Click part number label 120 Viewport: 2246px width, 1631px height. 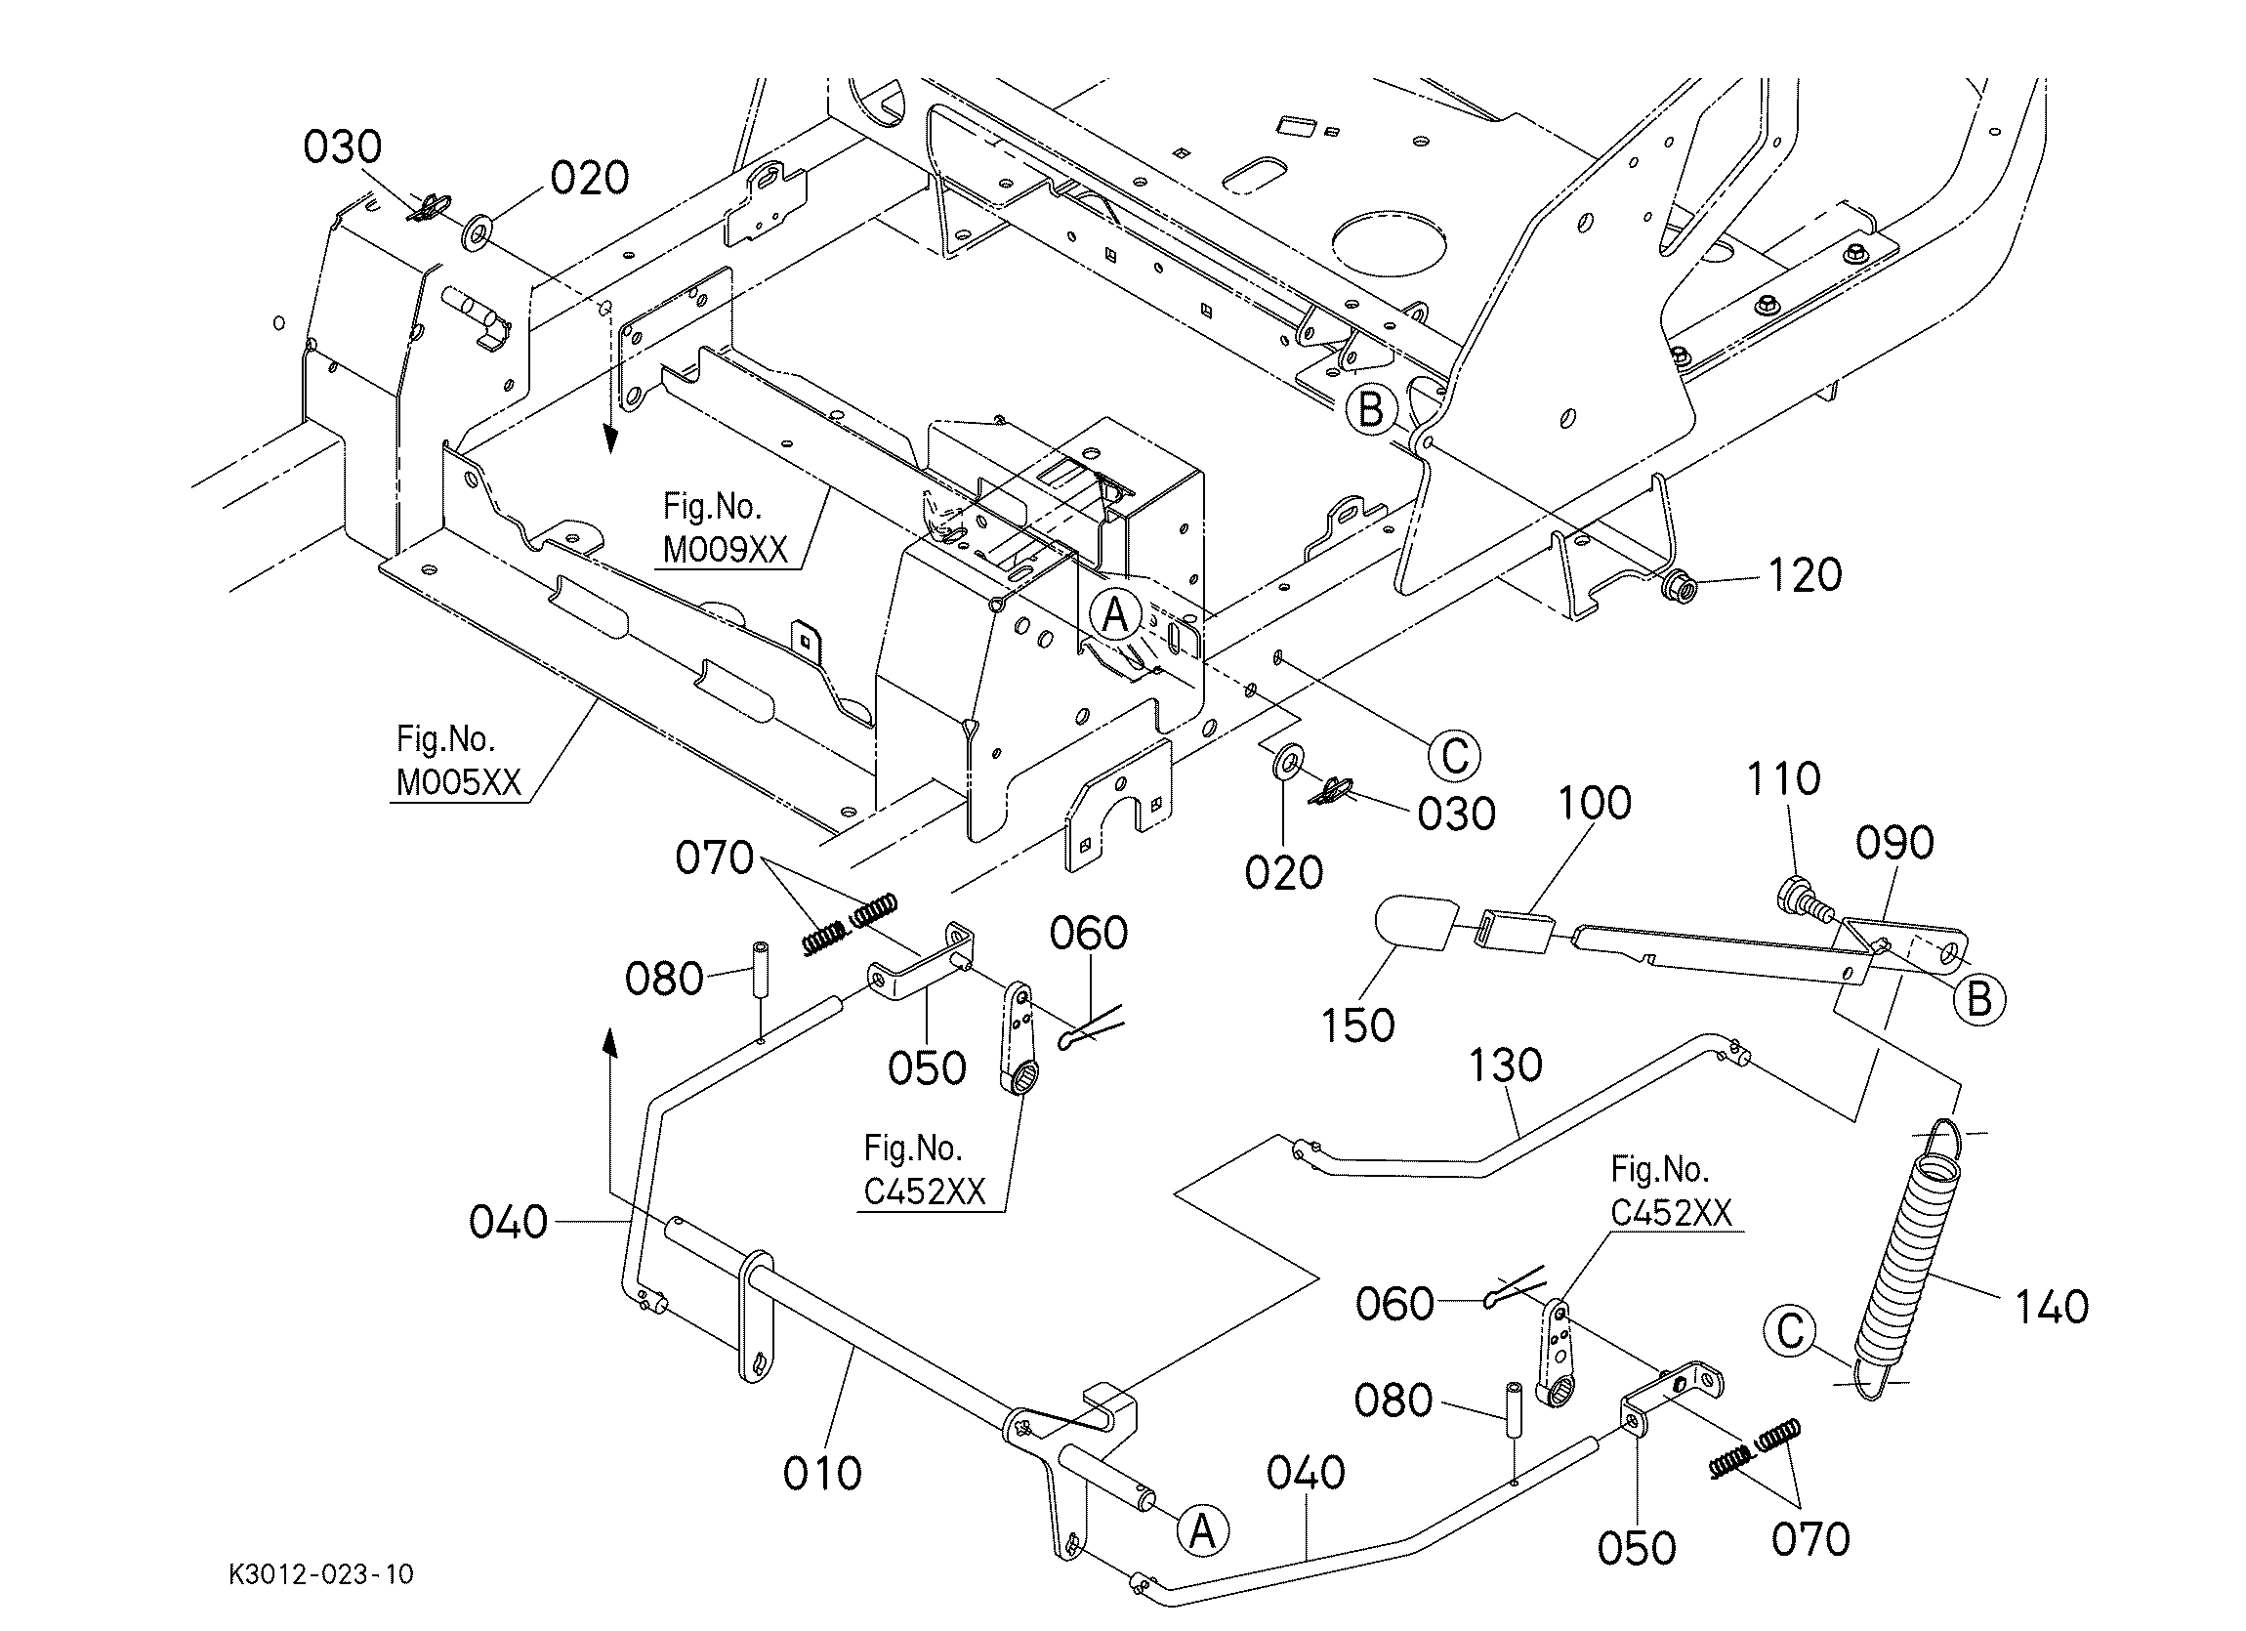[1804, 575]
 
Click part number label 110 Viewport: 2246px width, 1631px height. [1782, 779]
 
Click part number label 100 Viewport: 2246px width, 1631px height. [1595, 803]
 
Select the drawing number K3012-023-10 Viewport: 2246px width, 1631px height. [321, 1574]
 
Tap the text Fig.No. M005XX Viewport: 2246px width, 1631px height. [458, 762]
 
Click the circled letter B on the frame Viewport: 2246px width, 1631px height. [1371, 408]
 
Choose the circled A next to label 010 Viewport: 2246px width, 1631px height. [1201, 1532]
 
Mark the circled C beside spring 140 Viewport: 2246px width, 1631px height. [1791, 1331]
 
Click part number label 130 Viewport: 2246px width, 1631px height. [1504, 1066]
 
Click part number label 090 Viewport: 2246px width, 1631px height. [1893, 844]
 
